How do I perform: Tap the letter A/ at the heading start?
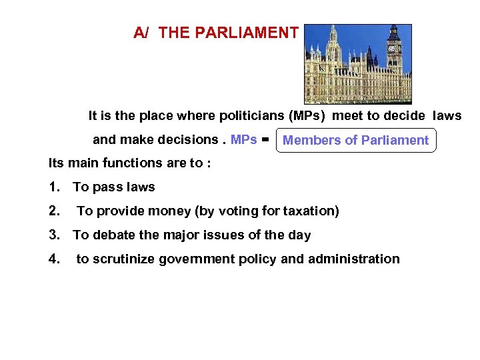(141, 33)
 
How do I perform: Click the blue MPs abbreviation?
(244, 140)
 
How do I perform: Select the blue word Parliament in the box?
(395, 140)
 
